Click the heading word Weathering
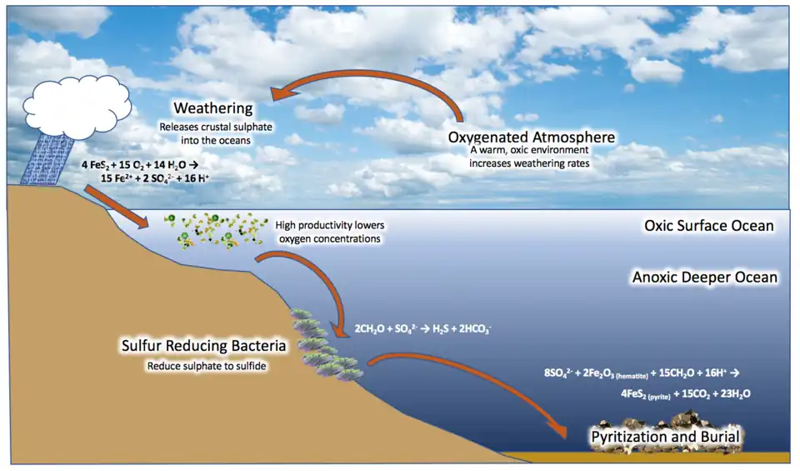(212, 109)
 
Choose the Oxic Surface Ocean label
(709, 226)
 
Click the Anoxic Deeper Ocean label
(704, 277)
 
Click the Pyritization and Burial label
(665, 436)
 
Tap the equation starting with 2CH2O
(422, 329)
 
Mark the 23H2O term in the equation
(732, 392)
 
